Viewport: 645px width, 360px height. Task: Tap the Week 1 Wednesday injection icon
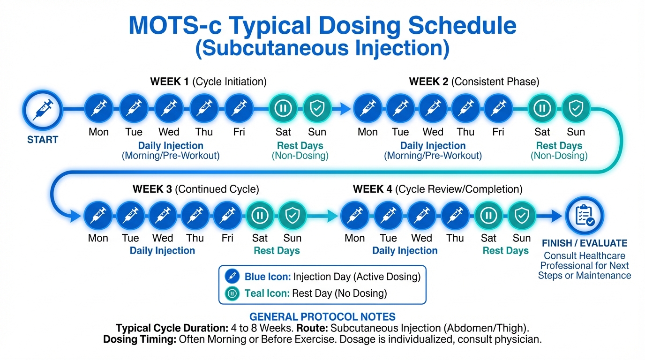169,109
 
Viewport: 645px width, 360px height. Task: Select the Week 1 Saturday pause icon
283,109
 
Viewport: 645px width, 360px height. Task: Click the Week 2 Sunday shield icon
576,109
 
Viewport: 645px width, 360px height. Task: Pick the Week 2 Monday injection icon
367,109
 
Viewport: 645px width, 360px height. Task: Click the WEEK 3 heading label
152,189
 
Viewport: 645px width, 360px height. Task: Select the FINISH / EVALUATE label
584,243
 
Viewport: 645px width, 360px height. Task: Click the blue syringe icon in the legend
232,277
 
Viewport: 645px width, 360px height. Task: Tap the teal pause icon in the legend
232,294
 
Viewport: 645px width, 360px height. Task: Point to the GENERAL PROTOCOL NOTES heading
322,316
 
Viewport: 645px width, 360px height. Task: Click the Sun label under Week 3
292,238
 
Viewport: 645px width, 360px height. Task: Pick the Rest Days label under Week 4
505,251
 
